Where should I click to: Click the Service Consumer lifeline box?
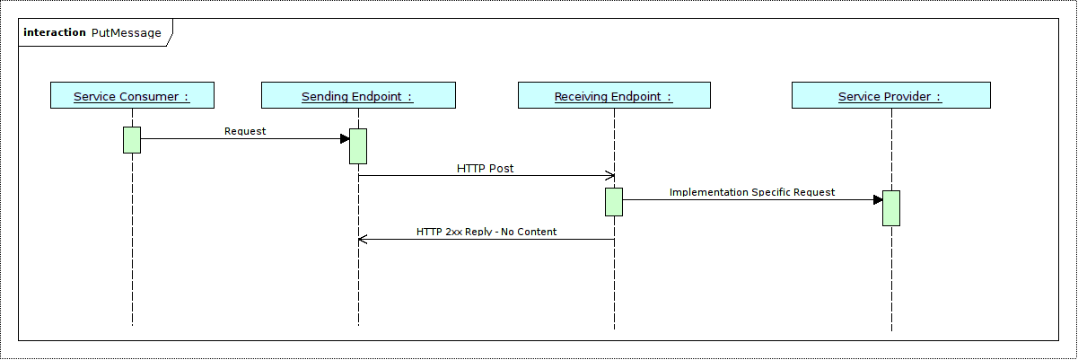[132, 95]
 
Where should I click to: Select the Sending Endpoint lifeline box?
[358, 95]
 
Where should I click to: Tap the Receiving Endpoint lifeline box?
[614, 95]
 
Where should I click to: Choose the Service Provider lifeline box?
[890, 95]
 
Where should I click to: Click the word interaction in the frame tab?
[54, 33]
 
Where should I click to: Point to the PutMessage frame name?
[127, 33]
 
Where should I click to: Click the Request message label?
[245, 131]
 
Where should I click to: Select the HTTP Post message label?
[485, 168]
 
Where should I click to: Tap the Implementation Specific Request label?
[752, 192]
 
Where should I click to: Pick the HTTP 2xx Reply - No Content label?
[486, 232]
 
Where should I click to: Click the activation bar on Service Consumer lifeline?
[132, 140]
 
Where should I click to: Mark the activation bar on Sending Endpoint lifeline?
[358, 146]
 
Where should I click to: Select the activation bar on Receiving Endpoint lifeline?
[614, 201]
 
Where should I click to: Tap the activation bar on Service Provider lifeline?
[890, 207]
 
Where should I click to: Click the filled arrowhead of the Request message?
[345, 138]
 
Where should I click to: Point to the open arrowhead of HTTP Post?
[610, 175]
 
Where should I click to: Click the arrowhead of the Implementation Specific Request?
[878, 199]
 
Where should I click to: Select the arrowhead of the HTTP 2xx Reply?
[362, 239]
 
